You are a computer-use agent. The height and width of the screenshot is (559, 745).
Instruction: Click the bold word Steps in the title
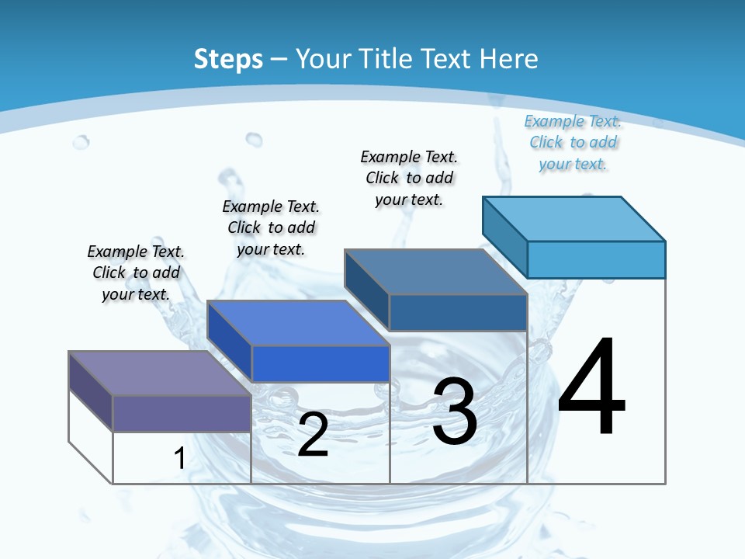(228, 59)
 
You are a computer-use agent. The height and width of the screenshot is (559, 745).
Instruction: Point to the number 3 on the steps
(455, 411)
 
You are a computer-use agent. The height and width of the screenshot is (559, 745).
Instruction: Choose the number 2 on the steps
(313, 435)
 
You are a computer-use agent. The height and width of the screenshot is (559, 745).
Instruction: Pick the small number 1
(179, 458)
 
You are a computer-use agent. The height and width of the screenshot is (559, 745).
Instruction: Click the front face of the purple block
(182, 413)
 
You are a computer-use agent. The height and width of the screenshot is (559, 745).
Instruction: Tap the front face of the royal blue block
(321, 363)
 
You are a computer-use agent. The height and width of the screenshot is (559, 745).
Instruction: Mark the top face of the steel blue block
(435, 272)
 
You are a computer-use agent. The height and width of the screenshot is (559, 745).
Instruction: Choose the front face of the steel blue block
(458, 312)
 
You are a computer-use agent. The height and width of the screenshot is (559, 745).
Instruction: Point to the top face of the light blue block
(573, 219)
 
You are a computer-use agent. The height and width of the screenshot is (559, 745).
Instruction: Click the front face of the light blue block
(596, 259)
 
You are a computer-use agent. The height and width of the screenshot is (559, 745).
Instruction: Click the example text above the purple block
(136, 273)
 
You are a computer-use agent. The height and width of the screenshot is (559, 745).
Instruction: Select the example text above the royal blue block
(271, 227)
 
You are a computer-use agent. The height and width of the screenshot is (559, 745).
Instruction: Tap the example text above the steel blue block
(409, 178)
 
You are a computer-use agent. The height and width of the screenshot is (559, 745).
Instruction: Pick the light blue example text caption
(573, 142)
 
